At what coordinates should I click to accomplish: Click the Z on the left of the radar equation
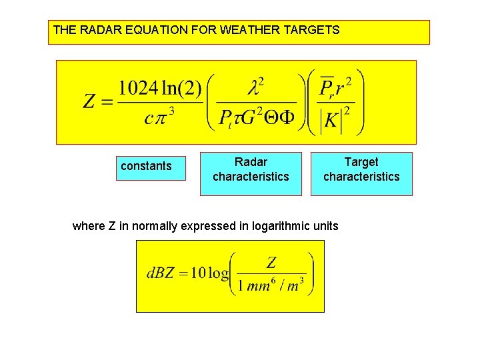(x=89, y=101)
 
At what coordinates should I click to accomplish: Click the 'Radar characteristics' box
(x=251, y=170)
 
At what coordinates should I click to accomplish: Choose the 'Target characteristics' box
(x=361, y=170)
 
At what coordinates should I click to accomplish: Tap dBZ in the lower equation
(x=160, y=273)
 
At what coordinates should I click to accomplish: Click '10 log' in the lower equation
(x=209, y=273)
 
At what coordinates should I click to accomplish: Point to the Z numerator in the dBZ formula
(x=271, y=262)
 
